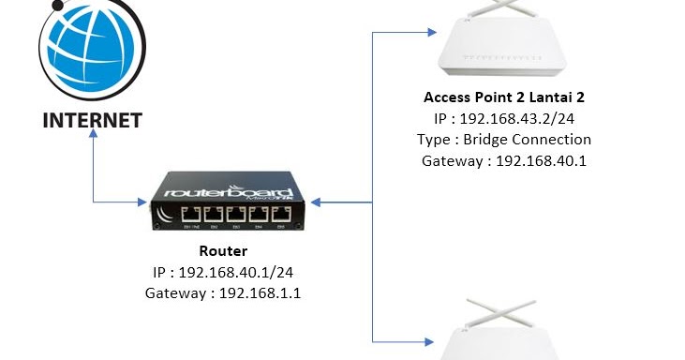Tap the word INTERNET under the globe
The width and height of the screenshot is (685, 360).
pos(93,120)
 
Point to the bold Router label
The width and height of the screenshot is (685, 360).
pos(223,251)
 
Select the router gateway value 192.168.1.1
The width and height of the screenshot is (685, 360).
pos(264,293)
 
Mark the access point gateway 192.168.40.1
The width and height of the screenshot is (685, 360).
pos(543,160)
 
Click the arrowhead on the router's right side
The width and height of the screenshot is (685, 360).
pos(317,202)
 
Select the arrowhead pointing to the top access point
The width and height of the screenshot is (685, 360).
pos(432,32)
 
